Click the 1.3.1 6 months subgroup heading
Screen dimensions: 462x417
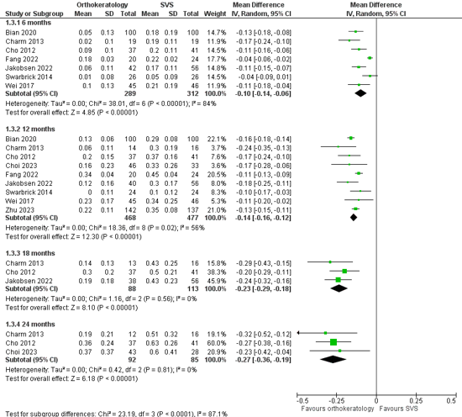coord(29,23)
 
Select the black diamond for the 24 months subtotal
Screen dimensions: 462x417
coord(333,360)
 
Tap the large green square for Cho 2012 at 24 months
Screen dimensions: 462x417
coord(333,342)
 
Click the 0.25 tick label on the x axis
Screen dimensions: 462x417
coord(416,401)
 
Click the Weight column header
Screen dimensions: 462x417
coord(215,13)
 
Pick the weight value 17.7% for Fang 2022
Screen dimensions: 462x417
coord(216,60)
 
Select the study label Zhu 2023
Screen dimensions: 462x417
coord(20,210)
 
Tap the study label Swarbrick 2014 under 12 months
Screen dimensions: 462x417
coord(29,193)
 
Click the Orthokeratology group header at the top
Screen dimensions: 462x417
coord(102,5)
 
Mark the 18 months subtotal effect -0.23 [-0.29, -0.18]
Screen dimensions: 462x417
coord(263,288)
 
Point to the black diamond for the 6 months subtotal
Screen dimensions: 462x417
coord(360,93)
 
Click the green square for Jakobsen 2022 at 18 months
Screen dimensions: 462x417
coord(338,280)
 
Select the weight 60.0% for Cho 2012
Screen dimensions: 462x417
coord(216,343)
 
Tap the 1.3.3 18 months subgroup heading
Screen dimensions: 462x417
coord(30,253)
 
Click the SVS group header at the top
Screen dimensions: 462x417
coord(167,5)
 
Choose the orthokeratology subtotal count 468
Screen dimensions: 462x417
coord(130,218)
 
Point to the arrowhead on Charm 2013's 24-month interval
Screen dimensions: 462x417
coord(298,333)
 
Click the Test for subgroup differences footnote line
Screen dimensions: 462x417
coord(117,414)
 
